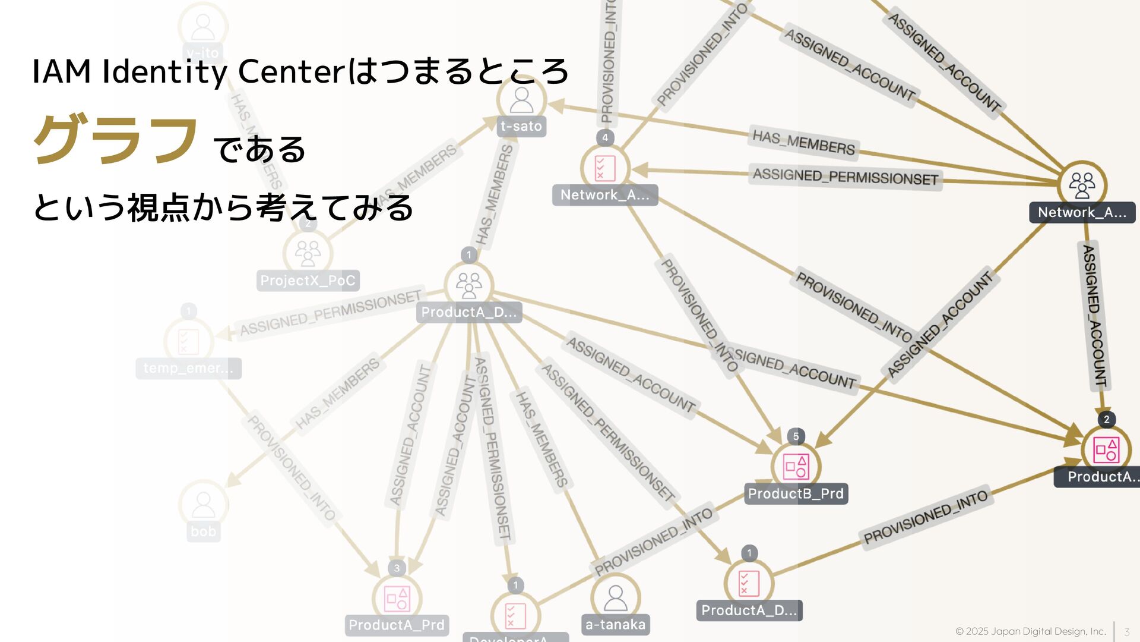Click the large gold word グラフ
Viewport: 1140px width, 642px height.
point(116,140)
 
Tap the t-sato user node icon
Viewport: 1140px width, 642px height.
point(521,100)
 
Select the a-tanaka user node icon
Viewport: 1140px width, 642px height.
point(615,597)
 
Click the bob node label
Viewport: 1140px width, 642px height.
point(203,531)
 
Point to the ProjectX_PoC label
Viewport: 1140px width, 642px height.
point(308,281)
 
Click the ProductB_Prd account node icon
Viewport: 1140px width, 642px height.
point(796,467)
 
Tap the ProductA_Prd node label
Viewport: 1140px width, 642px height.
point(397,625)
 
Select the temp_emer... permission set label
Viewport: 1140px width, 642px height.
point(188,369)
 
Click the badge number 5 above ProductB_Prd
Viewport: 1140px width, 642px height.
point(796,436)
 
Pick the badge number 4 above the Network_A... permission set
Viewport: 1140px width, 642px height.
point(605,138)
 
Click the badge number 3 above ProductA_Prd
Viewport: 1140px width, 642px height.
point(397,568)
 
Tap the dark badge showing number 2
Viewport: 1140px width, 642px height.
point(1106,420)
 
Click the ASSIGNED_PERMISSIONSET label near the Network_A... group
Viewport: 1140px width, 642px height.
point(845,177)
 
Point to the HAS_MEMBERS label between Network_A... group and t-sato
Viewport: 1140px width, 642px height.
point(803,142)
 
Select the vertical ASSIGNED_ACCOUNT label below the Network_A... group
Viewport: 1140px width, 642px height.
point(1094,315)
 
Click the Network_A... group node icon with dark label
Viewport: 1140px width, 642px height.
point(1082,185)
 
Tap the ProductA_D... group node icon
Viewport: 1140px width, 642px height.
point(468,285)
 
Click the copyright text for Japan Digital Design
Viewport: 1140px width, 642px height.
point(1030,631)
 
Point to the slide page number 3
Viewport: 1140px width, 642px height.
point(1126,632)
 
